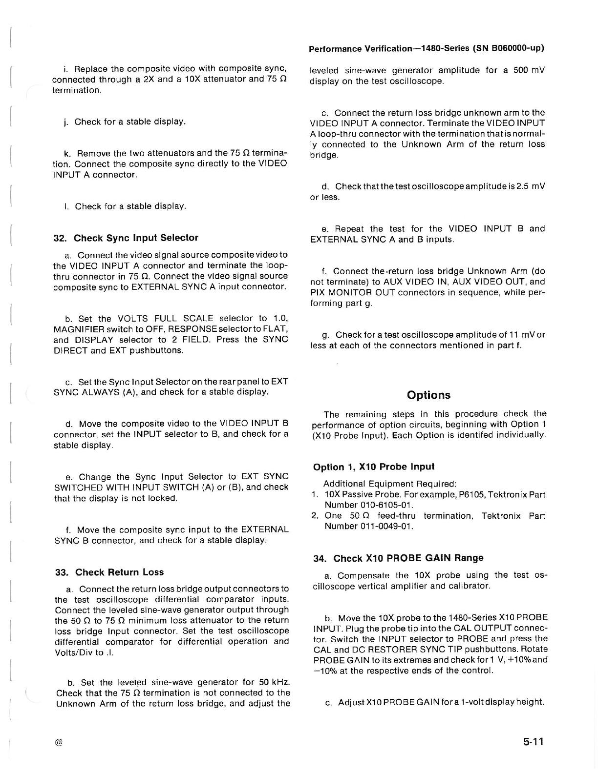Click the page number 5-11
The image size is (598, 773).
[x=533, y=742]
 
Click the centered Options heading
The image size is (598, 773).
[x=428, y=395]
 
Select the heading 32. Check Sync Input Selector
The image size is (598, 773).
[x=126, y=238]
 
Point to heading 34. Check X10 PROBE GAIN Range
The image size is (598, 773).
[x=398, y=558]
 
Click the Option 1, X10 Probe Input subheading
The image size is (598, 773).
[x=374, y=467]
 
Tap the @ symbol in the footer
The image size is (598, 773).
[x=59, y=742]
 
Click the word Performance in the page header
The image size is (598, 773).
[x=336, y=49]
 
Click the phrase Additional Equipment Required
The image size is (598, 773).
[x=390, y=484]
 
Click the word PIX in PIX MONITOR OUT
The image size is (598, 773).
[x=319, y=293]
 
